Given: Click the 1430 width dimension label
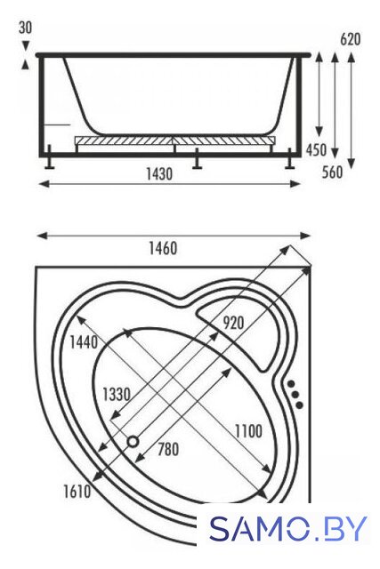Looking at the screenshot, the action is [x=159, y=174].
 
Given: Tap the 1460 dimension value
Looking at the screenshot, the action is [x=163, y=249].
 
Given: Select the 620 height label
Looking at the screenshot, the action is [x=351, y=39].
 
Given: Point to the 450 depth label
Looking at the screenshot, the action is [x=316, y=149].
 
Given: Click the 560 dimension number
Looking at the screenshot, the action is [x=333, y=172].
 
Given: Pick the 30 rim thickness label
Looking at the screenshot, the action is [x=25, y=28].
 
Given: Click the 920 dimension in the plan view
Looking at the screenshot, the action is [x=233, y=322].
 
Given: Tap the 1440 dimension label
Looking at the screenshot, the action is [x=84, y=341].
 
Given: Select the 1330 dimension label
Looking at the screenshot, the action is [x=117, y=394].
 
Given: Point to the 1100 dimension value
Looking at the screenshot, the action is [x=248, y=431].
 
